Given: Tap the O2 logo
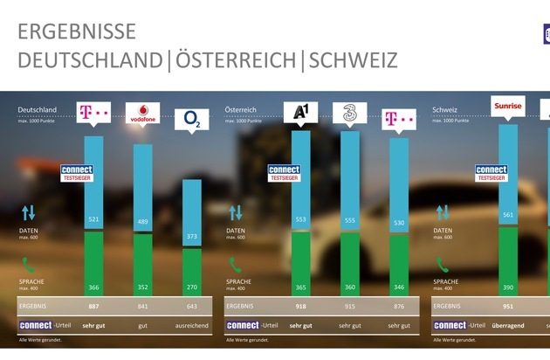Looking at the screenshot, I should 193,119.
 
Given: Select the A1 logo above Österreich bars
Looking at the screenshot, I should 300,114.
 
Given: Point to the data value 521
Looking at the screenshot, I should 93,219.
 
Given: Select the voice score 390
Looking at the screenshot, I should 507,286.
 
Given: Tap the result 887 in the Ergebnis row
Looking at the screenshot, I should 93,307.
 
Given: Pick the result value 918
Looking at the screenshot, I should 300,307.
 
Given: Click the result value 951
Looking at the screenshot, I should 507,307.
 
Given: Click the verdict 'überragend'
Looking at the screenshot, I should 507,325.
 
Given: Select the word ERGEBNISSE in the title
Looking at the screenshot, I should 77,32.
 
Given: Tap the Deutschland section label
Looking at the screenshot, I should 38,110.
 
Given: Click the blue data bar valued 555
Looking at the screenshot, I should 350,175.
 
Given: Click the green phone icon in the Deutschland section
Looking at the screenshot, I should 29,264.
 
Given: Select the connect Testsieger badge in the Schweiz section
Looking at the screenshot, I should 491,173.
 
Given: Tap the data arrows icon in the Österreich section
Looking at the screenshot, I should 236,212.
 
